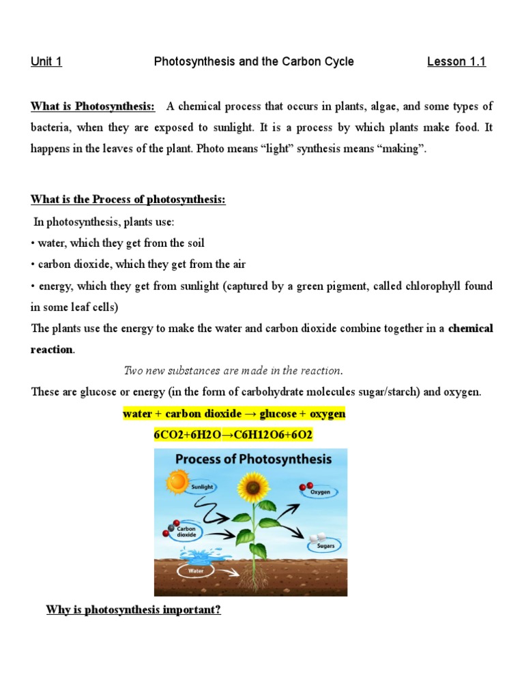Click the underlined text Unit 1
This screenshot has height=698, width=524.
tap(46, 62)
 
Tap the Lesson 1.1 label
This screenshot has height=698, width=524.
tap(456, 62)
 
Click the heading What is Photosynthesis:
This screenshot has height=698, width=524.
tap(93, 106)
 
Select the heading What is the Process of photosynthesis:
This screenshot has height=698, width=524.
tap(128, 200)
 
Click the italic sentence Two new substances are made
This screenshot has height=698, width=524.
tap(233, 371)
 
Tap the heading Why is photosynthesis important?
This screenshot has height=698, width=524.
tap(133, 609)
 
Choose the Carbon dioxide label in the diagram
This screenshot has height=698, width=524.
tap(186, 532)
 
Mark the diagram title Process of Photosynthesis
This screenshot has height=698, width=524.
tap(253, 459)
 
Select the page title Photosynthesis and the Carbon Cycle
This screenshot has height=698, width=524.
tap(254, 62)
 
